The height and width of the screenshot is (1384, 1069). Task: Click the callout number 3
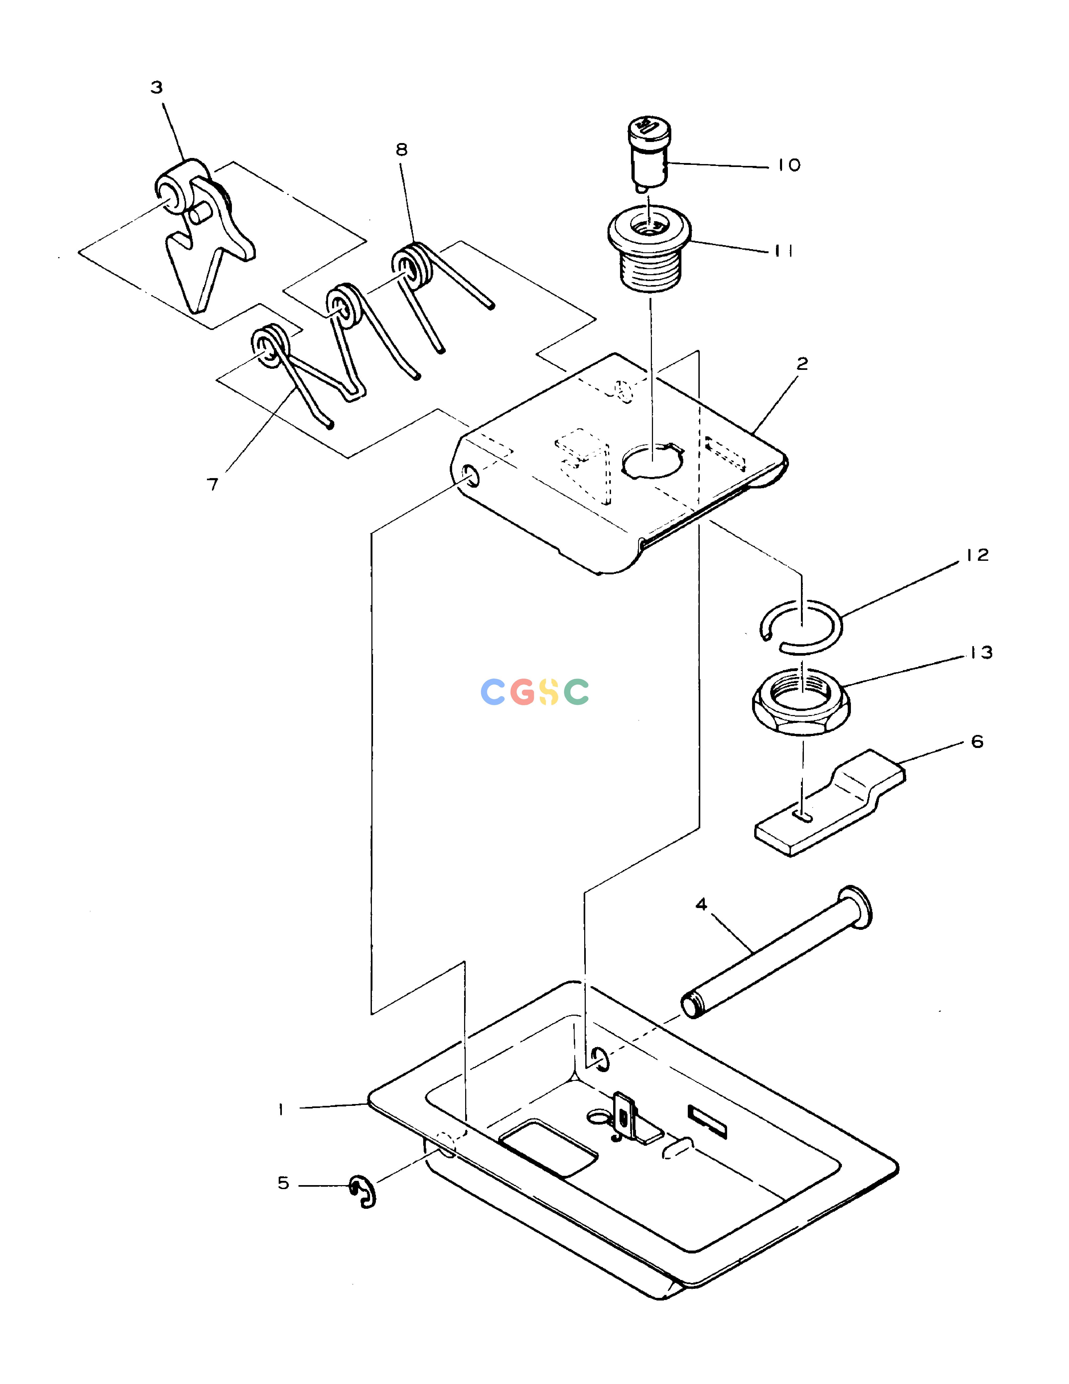(156, 87)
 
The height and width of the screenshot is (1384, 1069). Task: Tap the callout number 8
(401, 149)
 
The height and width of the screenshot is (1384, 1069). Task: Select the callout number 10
(789, 165)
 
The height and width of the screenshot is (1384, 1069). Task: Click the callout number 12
(977, 555)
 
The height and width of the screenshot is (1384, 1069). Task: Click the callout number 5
(283, 1183)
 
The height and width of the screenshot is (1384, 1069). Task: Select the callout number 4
(701, 904)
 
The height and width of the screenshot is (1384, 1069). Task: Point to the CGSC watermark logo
(535, 692)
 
